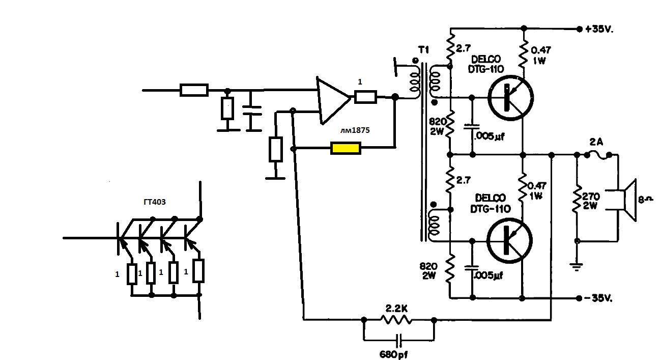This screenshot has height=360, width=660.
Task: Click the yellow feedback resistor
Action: coord(346,149)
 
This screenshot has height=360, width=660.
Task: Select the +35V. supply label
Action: coord(599,29)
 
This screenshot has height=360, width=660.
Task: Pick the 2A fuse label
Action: coord(596,142)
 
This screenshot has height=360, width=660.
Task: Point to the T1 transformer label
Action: coord(423,50)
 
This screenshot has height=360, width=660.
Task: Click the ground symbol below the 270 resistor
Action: coord(577,264)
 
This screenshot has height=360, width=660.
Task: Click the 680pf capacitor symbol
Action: coord(399,340)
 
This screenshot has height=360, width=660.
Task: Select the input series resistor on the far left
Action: coord(194,90)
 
